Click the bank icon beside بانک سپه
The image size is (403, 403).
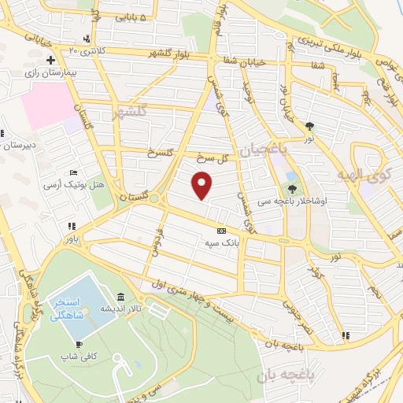[x=221, y=231]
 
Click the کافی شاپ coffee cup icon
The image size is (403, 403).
[x=79, y=344]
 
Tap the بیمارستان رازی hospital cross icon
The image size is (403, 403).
[x=50, y=59]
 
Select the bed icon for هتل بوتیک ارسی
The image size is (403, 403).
[x=73, y=172]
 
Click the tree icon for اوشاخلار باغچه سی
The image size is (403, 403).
[x=293, y=188]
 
